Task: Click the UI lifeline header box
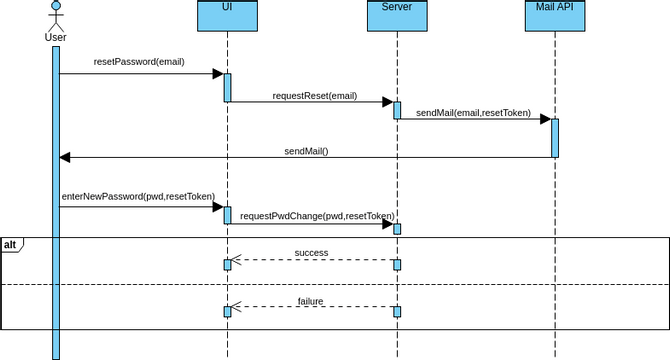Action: (227, 16)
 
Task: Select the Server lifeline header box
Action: (396, 16)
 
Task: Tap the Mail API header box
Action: (554, 16)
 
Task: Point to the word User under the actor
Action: (56, 38)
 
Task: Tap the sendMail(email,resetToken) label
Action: (473, 113)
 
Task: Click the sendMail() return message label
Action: (306, 151)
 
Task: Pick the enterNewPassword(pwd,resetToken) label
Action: (138, 197)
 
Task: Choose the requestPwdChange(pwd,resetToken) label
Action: (317, 215)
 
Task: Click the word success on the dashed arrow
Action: (311, 253)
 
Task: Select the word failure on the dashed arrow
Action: (311, 301)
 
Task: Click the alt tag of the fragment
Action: (10, 244)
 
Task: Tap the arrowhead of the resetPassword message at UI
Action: (217, 74)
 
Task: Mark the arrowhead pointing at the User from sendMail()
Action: (65, 157)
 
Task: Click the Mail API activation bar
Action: (554, 138)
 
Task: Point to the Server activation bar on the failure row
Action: (397, 312)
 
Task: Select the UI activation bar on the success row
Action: (227, 265)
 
